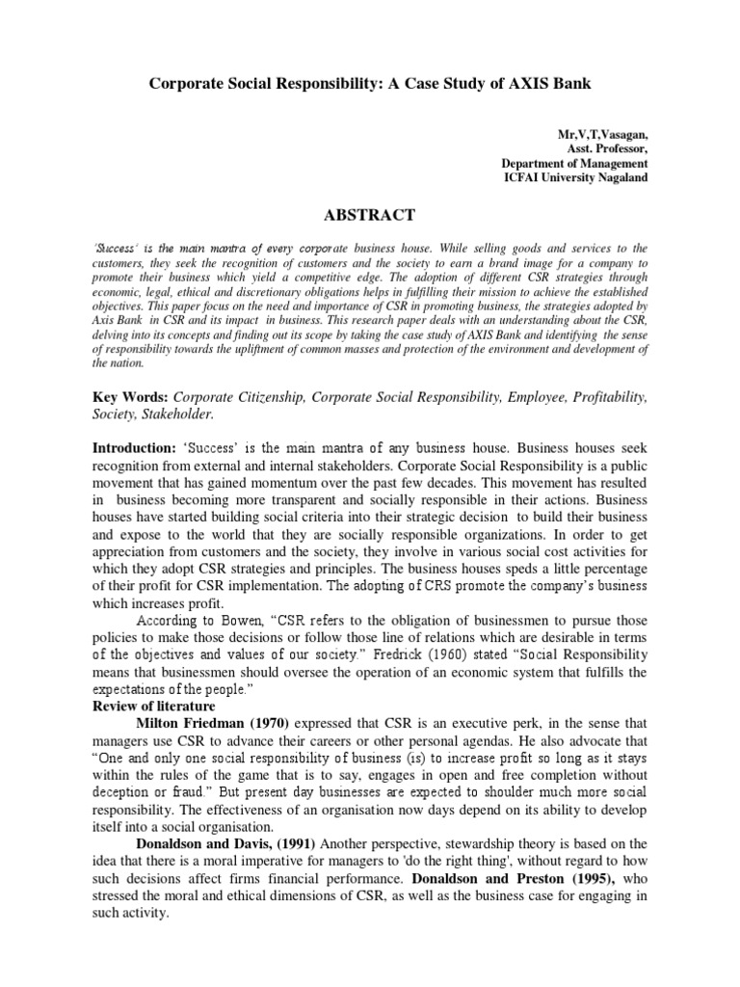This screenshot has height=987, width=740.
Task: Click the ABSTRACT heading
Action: [x=370, y=215]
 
